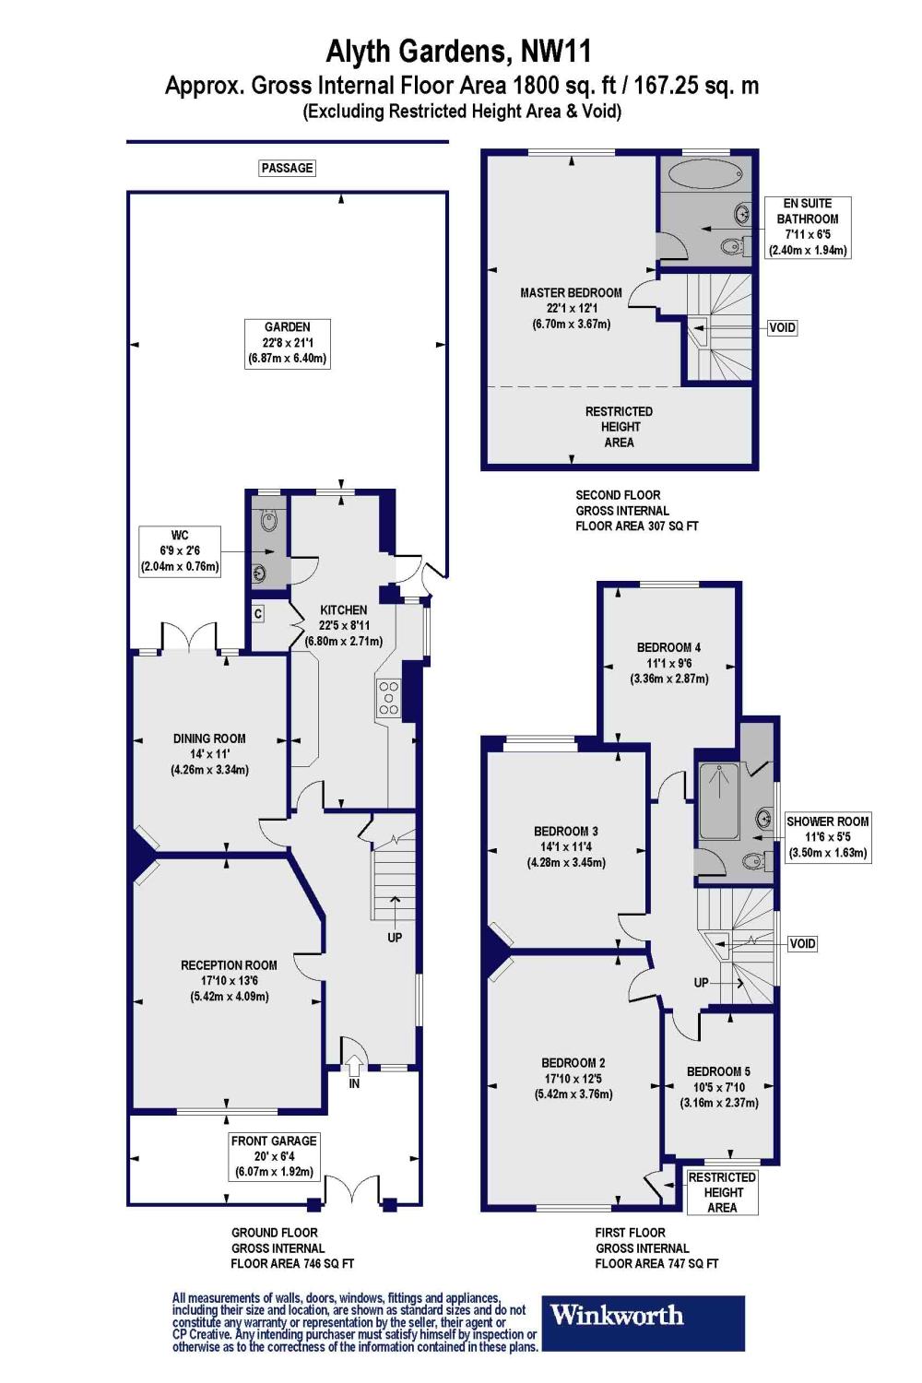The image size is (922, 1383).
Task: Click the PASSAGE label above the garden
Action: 287,168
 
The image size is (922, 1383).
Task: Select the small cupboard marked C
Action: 258,614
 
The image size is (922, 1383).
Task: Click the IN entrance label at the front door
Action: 354,1083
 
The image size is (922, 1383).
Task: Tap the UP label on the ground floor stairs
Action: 395,938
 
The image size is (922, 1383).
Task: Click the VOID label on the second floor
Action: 782,327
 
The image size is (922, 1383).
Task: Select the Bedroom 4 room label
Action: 668,663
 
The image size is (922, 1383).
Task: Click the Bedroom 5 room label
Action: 718,1087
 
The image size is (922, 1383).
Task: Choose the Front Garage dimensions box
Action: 274,1156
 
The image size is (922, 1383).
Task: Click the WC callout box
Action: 180,551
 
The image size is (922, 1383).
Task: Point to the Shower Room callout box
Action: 827,837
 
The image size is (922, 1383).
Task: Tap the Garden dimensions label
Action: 287,343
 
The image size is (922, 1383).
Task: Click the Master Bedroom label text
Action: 571,308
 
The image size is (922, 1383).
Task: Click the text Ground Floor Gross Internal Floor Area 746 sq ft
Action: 291,1247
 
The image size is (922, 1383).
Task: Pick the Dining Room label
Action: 209,753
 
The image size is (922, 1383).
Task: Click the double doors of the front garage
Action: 351,1190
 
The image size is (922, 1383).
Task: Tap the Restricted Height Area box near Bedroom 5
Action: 722,1192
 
